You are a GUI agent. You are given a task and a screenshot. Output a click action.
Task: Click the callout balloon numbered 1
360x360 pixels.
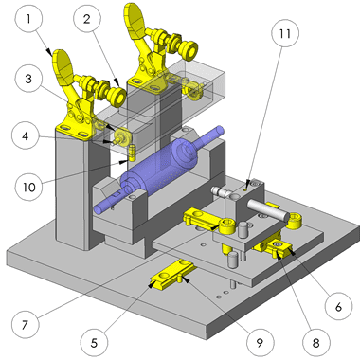(x=28, y=19)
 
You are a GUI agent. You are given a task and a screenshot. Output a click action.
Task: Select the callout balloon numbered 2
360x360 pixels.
(x=87, y=19)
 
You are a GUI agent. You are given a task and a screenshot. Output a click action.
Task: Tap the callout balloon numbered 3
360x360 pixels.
(x=28, y=79)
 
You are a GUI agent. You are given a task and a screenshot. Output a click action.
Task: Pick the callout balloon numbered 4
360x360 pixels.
(x=26, y=135)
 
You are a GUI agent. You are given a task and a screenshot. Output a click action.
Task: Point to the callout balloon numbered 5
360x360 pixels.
(x=94, y=342)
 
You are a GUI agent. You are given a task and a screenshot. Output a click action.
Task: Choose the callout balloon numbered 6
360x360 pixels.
(x=338, y=306)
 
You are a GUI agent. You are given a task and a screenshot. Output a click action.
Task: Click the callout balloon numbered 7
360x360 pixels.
(x=26, y=324)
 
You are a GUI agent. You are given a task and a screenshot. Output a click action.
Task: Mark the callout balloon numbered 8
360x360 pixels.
(x=316, y=342)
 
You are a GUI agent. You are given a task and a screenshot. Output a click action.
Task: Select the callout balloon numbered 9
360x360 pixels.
(x=260, y=342)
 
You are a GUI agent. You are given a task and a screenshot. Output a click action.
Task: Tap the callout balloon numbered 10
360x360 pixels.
(x=29, y=187)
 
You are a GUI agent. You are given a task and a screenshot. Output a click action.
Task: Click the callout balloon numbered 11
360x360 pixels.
(x=285, y=33)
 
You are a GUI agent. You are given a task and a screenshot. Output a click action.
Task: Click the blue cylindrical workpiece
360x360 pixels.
(x=158, y=169)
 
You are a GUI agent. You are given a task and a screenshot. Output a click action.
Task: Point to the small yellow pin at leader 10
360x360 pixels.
(x=133, y=153)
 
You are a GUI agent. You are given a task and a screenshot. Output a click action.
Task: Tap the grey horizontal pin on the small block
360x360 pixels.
(x=268, y=209)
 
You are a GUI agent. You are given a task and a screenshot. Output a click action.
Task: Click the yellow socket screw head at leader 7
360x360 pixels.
(x=227, y=225)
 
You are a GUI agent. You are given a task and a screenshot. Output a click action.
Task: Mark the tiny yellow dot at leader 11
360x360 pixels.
(x=245, y=190)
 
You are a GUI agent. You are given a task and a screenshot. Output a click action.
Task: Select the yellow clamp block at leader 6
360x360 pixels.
(x=275, y=247)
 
